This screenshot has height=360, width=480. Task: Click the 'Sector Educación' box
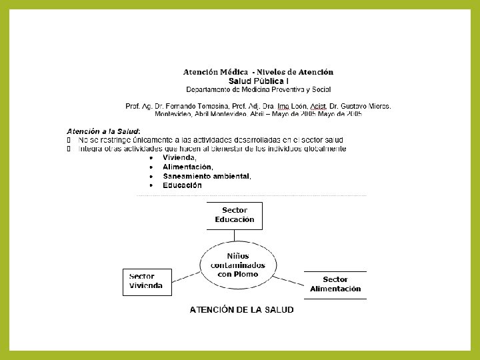pyautogui.click(x=235, y=215)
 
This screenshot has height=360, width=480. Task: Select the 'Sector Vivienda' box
pyautogui.click(x=147, y=281)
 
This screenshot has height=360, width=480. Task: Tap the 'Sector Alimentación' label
pyautogui.click(x=335, y=285)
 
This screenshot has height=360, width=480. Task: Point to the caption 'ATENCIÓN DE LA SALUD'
pyautogui.click(x=241, y=310)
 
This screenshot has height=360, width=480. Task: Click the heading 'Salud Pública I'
pyautogui.click(x=258, y=80)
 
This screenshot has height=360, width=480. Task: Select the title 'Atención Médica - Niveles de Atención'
pyautogui.click(x=259, y=71)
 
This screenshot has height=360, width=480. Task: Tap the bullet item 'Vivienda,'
pyautogui.click(x=179, y=157)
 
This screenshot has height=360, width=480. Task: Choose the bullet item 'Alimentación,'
pyautogui.click(x=188, y=167)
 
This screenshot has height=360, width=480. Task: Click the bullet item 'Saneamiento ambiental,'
pyautogui.click(x=207, y=176)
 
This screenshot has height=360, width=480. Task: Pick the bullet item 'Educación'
pyautogui.click(x=182, y=185)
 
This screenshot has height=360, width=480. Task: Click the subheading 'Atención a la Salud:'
pyautogui.click(x=103, y=131)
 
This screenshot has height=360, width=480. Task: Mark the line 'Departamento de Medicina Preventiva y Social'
pyautogui.click(x=259, y=89)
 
